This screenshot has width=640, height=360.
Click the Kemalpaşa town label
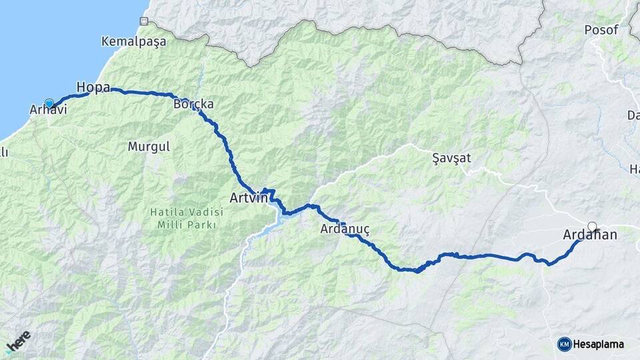133,41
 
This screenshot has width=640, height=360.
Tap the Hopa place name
93,87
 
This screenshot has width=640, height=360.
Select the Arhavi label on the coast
49,110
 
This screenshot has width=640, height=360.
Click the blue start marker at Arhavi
49,103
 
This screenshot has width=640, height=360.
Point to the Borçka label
193,105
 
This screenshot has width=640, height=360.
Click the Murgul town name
149,145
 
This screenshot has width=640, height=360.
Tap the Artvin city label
248,198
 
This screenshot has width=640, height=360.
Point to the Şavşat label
451,158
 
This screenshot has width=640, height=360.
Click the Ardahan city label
590,235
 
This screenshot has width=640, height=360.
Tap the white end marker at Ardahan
592,226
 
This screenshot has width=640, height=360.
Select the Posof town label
601,30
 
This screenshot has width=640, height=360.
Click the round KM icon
564,344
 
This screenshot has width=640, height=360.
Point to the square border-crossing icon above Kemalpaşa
143,21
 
